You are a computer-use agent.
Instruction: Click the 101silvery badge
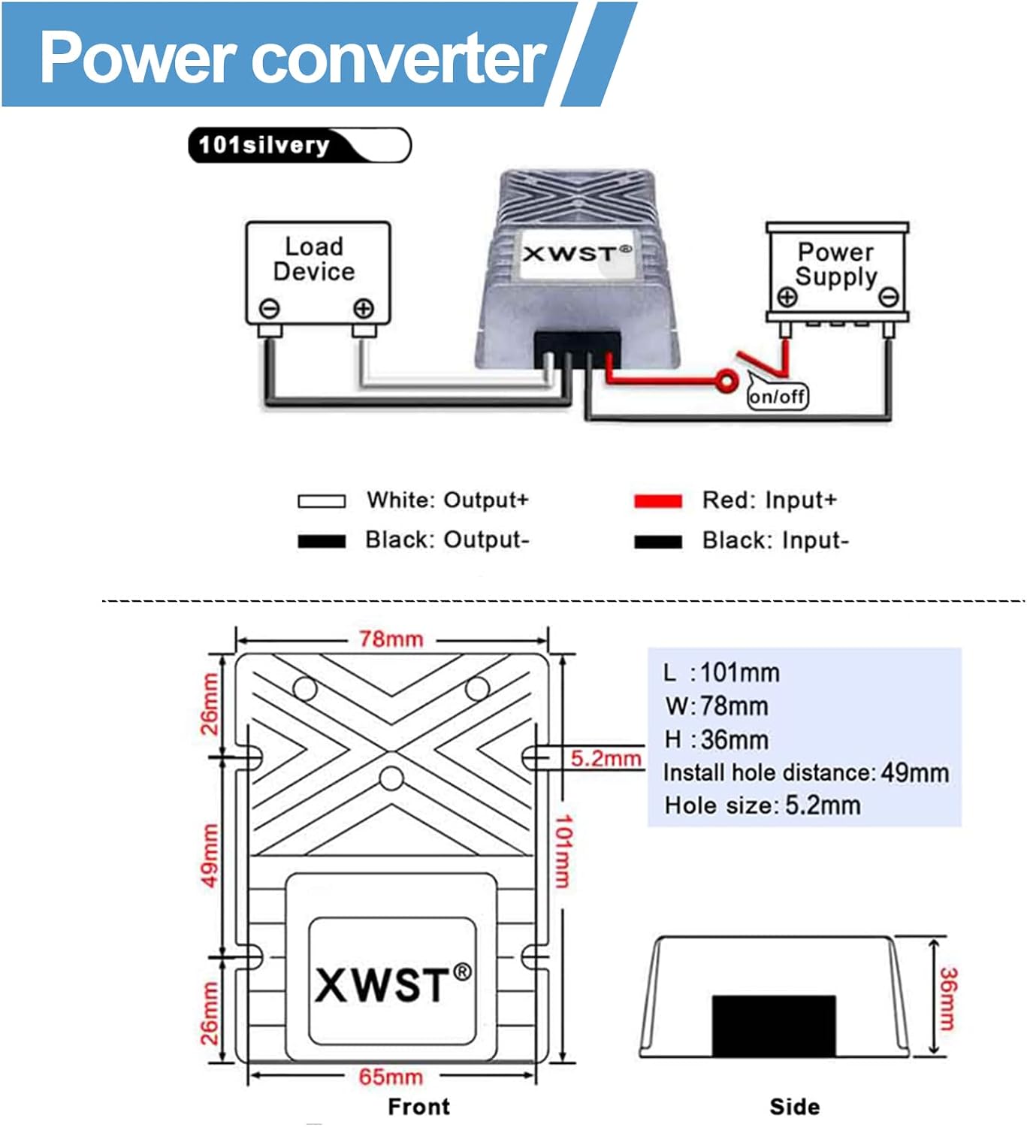[300, 145]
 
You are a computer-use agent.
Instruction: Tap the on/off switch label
[777, 396]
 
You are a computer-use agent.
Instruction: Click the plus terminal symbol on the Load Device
[364, 309]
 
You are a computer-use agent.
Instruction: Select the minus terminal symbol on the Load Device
[269, 309]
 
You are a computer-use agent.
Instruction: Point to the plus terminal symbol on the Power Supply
[787, 297]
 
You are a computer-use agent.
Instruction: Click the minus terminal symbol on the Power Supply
[889, 296]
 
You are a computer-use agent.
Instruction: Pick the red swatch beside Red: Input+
[658, 500]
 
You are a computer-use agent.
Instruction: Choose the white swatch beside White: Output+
[322, 500]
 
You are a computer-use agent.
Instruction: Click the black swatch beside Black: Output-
[322, 541]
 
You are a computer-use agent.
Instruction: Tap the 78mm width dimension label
[391, 639]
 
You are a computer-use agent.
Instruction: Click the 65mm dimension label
[391, 1077]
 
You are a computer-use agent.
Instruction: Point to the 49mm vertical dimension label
[210, 856]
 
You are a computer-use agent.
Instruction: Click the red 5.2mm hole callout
[606, 758]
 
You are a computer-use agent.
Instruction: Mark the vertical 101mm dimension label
[563, 851]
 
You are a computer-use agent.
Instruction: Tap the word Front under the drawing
[419, 1106]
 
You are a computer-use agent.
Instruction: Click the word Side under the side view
[794, 1106]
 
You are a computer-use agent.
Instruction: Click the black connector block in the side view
[774, 1026]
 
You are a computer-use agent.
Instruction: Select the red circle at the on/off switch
[726, 382]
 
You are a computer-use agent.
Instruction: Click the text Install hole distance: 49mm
[806, 772]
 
